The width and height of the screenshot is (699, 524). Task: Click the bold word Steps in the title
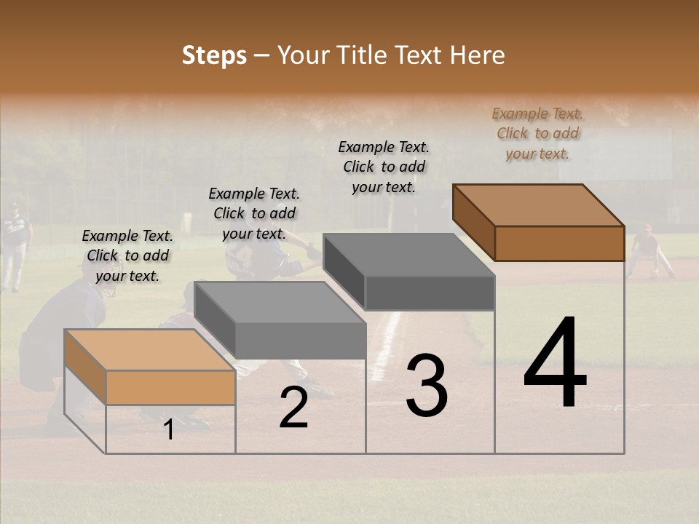(x=214, y=55)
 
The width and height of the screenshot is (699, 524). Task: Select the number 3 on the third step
(x=427, y=385)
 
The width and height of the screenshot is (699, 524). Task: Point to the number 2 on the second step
(x=293, y=408)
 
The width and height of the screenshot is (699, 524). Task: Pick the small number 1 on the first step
(x=169, y=430)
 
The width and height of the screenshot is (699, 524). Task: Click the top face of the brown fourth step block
(x=538, y=205)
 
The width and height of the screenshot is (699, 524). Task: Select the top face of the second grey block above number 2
(x=280, y=301)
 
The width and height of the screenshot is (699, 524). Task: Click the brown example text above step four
(x=537, y=133)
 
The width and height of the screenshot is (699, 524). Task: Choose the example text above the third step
(x=384, y=167)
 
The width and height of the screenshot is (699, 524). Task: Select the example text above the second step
(x=254, y=213)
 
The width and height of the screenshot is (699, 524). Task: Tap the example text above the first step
(x=127, y=255)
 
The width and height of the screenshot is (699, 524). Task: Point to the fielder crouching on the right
(x=649, y=252)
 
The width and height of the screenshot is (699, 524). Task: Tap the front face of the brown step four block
(x=559, y=243)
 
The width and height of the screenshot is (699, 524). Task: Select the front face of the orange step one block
(x=170, y=387)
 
